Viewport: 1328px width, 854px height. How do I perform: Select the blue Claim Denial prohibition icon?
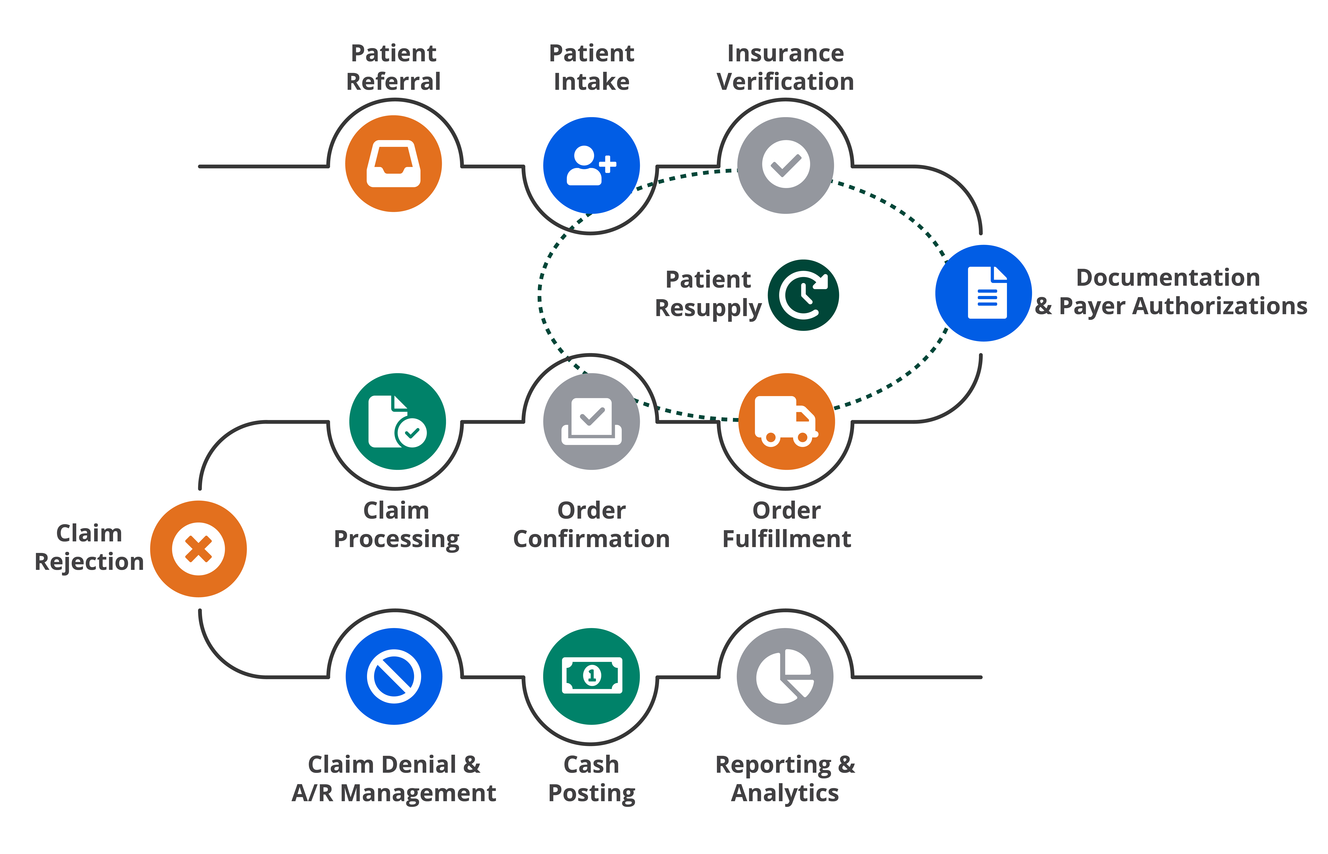pos(393,676)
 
